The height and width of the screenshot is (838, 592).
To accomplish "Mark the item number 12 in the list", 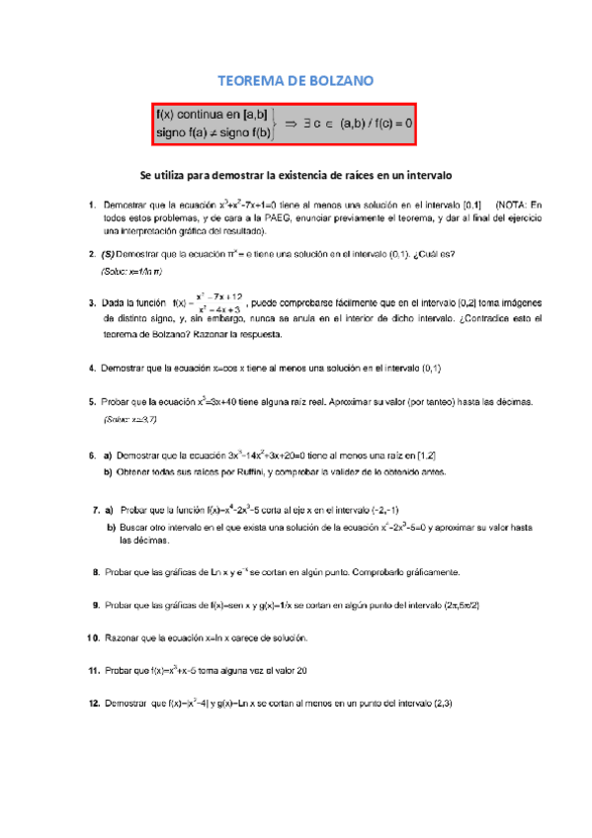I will [94, 704].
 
